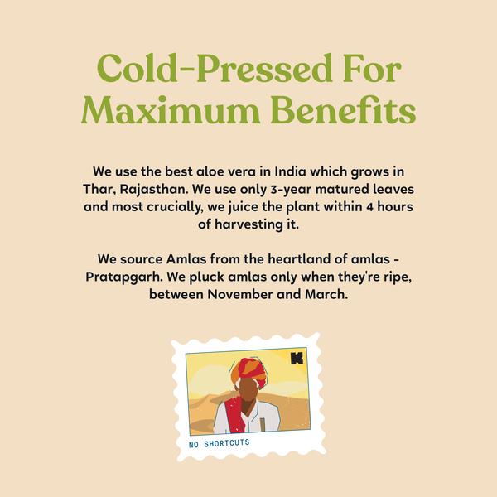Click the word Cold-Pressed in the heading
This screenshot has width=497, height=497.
215,69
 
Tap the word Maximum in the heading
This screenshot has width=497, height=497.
171,109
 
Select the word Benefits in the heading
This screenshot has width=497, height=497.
343,109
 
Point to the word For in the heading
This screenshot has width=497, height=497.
372,69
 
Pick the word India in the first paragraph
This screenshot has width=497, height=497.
291,171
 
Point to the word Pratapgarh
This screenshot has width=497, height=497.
124,277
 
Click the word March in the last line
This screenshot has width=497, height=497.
326,294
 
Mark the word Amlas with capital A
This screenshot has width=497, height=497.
186,259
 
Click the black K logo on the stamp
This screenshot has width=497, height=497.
297,358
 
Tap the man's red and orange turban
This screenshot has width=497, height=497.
249,371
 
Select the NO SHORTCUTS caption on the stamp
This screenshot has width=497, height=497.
219,443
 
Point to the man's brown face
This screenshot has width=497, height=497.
248,392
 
